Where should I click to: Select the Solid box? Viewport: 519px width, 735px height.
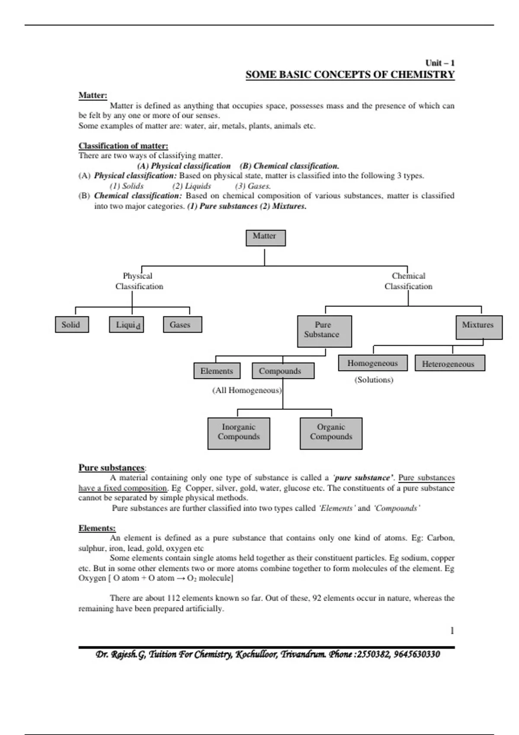(x=72, y=325)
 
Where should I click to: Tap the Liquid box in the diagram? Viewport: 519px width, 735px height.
(x=126, y=325)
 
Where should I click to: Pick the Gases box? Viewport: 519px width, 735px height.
(x=182, y=325)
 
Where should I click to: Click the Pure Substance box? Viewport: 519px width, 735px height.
(x=324, y=331)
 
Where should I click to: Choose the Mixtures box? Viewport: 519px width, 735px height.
(x=479, y=327)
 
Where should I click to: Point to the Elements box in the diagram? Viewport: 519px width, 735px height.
(x=217, y=371)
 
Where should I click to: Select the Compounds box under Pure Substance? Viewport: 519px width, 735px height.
(x=283, y=371)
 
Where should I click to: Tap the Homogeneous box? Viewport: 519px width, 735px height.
(x=372, y=363)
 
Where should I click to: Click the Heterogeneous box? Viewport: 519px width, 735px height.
(x=449, y=363)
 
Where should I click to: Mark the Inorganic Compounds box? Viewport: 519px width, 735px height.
(x=239, y=433)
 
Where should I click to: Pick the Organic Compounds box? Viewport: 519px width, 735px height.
(x=331, y=433)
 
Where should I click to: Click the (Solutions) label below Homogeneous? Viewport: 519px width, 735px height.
(x=374, y=380)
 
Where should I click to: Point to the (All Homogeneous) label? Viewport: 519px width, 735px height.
(x=247, y=390)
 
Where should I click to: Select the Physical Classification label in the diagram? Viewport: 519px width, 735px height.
(x=139, y=281)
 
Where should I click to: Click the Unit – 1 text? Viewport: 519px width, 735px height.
(x=439, y=63)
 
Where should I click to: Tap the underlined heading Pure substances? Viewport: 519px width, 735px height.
(x=111, y=468)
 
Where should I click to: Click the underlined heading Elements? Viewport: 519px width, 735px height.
(x=97, y=528)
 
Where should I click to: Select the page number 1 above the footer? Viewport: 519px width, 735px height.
(x=452, y=631)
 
